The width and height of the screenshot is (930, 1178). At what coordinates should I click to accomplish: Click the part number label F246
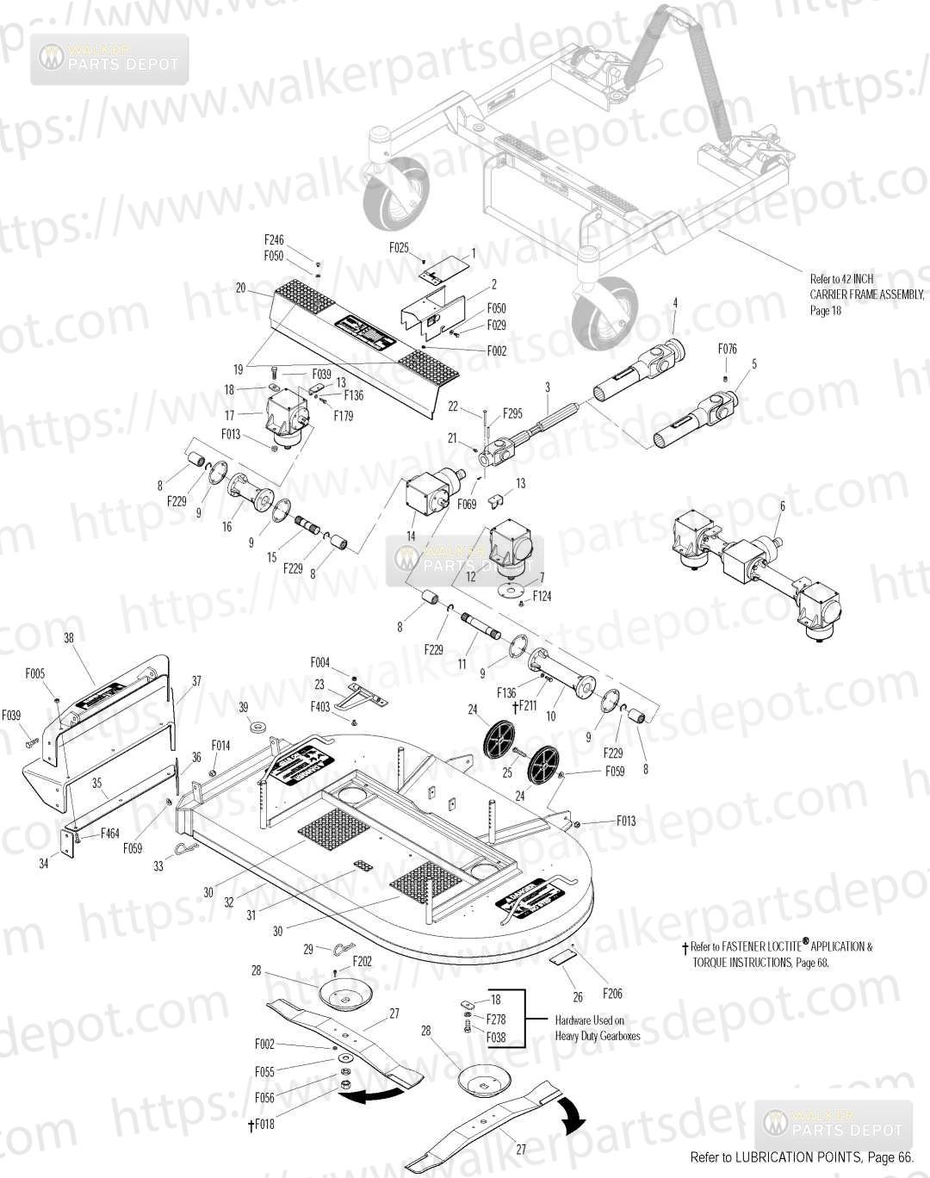pos(273,241)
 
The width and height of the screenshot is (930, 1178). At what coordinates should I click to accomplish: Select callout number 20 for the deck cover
pos(240,288)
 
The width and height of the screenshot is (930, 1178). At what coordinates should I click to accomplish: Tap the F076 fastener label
pos(727,349)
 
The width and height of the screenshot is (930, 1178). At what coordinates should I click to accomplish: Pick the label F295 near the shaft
pos(512,413)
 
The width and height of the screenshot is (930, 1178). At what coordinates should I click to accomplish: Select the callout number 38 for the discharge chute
pos(69,638)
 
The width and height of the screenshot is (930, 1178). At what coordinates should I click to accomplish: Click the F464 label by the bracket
pos(110,833)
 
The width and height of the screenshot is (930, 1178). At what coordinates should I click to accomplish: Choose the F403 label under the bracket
pos(320,707)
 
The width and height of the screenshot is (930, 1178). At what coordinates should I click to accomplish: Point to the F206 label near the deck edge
pos(611,994)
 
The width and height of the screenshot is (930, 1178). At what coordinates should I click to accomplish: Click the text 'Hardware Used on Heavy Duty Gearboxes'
pos(597,1028)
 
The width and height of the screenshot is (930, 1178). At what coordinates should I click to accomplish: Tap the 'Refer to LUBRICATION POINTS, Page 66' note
pos(801,1158)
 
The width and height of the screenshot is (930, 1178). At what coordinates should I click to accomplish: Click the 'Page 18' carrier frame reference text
pos(825,311)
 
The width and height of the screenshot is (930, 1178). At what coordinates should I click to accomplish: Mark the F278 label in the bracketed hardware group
pos(495,1019)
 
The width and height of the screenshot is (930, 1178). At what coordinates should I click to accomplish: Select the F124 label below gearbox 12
pos(542,596)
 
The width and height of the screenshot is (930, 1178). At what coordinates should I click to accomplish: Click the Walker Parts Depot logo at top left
pos(109,59)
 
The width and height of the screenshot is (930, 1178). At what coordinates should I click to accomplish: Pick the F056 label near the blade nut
pos(264,1098)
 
